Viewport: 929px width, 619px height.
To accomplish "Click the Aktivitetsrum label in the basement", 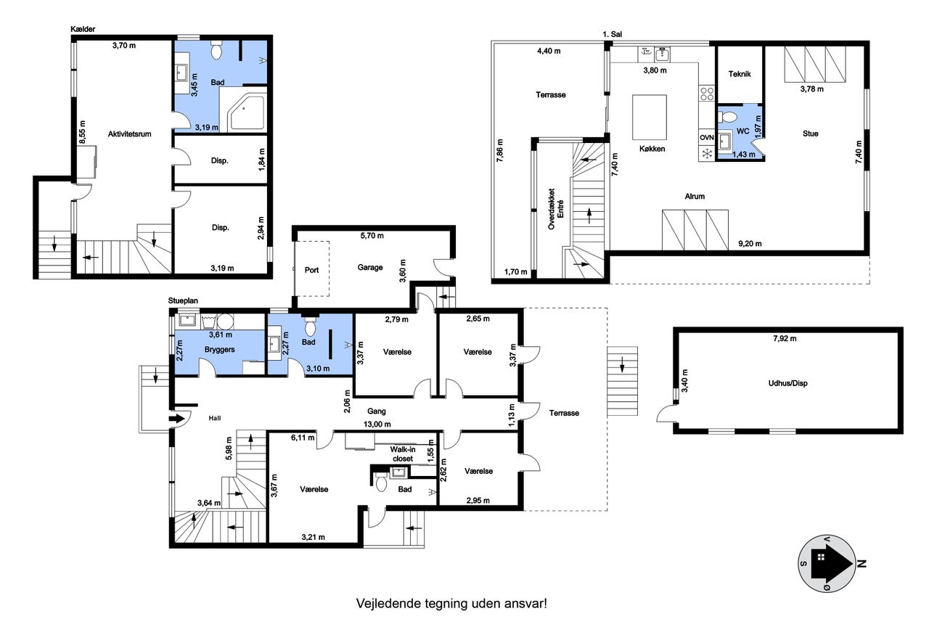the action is [x=129, y=134].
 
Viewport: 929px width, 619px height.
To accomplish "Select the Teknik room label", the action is [x=740, y=74].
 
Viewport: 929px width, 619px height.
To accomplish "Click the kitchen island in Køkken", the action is [x=649, y=118].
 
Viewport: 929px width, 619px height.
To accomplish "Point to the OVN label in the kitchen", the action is [x=707, y=138].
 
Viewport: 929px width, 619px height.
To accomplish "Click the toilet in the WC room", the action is [x=727, y=117].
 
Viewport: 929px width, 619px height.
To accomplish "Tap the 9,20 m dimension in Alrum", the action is [x=750, y=244].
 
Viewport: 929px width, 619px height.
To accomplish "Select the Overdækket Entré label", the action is [x=556, y=209].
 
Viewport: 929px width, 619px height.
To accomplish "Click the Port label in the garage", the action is [x=311, y=270].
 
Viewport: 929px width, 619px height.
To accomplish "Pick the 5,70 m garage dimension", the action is [x=372, y=236].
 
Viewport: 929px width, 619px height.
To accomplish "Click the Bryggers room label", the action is [x=219, y=350].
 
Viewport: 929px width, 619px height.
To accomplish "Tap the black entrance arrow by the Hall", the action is [x=176, y=418].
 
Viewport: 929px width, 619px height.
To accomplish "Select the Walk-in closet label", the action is [x=403, y=454].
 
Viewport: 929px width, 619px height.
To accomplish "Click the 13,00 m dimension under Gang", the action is [x=377, y=424].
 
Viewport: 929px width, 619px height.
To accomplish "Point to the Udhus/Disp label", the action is [x=787, y=383].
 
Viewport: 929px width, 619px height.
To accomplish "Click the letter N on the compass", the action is [x=862, y=563].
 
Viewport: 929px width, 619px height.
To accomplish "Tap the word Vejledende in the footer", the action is [x=388, y=604].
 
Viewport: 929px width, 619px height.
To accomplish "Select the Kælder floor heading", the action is [x=83, y=29].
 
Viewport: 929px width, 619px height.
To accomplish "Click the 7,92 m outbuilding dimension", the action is [x=785, y=338].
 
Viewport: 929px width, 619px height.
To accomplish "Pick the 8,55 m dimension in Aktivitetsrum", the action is [x=83, y=132].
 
